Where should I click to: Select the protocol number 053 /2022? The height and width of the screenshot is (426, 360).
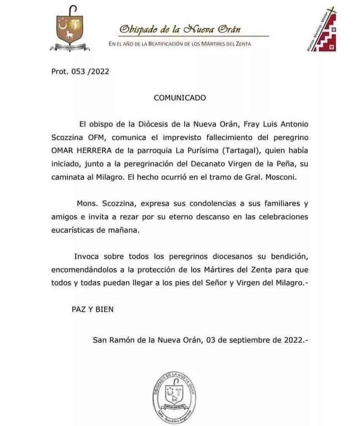(x=80, y=71)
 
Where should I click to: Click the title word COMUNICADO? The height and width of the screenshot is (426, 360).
(x=180, y=98)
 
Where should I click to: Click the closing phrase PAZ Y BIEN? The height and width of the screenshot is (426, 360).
(x=93, y=309)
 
